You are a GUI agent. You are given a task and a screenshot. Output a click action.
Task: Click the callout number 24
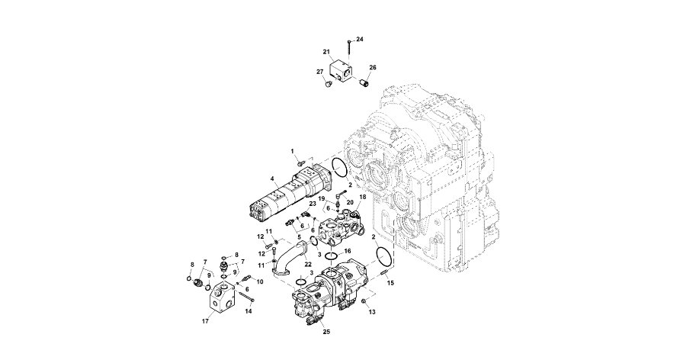pyautogui.click(x=360, y=39)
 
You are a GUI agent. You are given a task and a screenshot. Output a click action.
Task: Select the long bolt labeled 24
pyautogui.click(x=348, y=51)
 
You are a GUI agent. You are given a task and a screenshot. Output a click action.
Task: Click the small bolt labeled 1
pyautogui.click(x=300, y=162)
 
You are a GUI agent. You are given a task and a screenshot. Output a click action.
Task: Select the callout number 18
pyautogui.click(x=363, y=197)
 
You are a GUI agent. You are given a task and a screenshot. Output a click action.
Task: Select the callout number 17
pyautogui.click(x=205, y=321)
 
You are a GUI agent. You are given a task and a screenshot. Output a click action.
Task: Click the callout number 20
pyautogui.click(x=350, y=202)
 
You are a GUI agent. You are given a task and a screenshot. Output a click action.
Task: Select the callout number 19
pyautogui.click(x=322, y=199)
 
